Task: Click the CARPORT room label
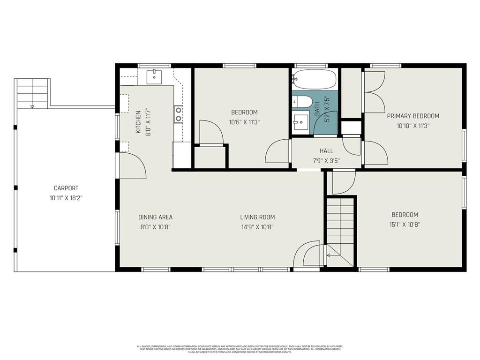(x=66, y=188)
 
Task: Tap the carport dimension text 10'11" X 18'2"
(x=66, y=198)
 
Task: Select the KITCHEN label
(x=138, y=122)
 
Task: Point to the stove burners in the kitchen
(x=179, y=114)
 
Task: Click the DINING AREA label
(x=155, y=217)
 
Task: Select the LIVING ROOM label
(x=257, y=217)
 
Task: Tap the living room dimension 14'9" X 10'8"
(x=257, y=227)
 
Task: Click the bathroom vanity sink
(x=301, y=123)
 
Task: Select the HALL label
(x=326, y=151)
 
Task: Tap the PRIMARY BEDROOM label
(x=413, y=116)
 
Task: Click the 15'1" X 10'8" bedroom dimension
(x=405, y=225)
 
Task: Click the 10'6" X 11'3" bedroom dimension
(x=244, y=122)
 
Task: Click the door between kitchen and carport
(x=132, y=165)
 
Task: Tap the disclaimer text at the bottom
(x=240, y=349)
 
